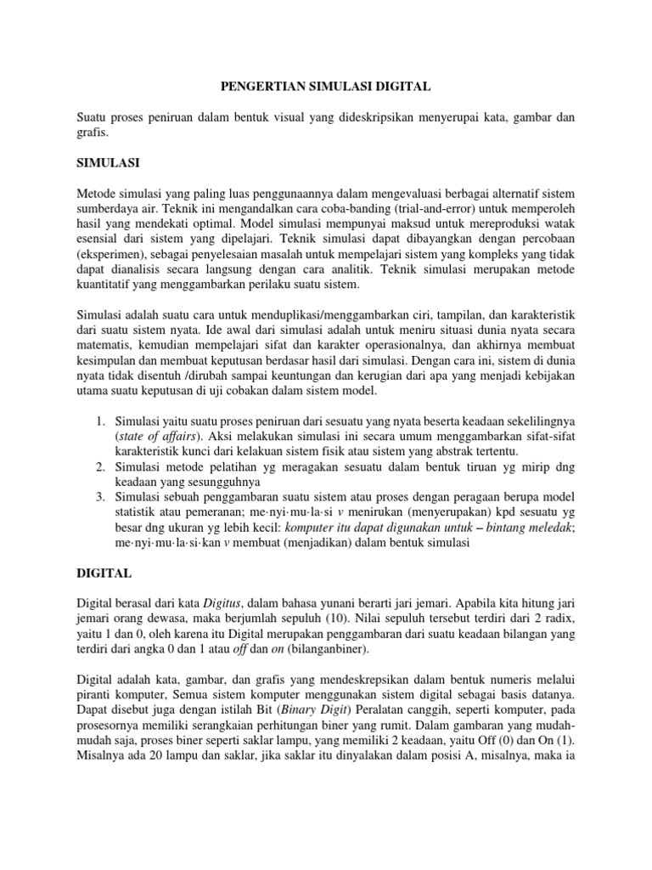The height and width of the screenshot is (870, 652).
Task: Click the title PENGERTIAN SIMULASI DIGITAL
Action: tap(326, 86)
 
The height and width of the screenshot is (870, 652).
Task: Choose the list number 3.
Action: tap(99, 495)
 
